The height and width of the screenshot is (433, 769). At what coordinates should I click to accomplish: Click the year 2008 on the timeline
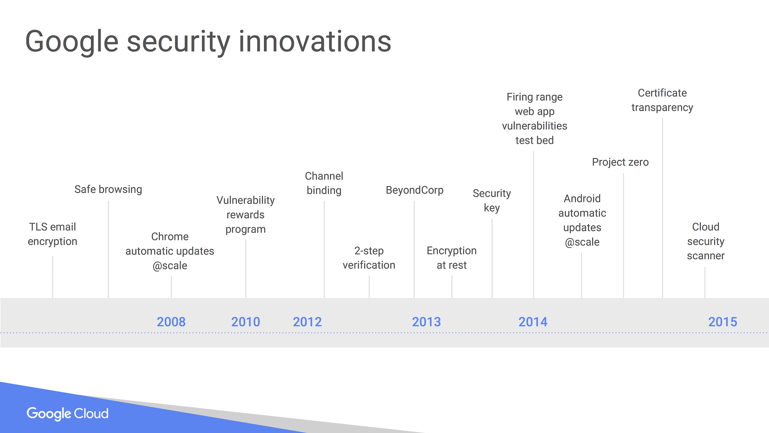click(x=171, y=322)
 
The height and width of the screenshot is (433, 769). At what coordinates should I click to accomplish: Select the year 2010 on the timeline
click(x=246, y=322)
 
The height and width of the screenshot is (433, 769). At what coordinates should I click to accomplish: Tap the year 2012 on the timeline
click(x=307, y=322)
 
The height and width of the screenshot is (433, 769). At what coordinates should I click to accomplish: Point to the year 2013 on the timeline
click(x=426, y=322)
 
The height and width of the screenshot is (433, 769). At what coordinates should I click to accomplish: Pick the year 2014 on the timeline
click(x=533, y=322)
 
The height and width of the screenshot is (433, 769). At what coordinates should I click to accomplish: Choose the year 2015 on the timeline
click(x=723, y=322)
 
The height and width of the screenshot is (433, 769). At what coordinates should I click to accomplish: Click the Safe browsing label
click(x=108, y=189)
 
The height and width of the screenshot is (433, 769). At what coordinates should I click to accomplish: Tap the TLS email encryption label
click(x=53, y=234)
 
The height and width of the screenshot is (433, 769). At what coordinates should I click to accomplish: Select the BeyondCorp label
click(x=414, y=190)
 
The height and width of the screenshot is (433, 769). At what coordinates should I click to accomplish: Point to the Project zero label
click(x=620, y=162)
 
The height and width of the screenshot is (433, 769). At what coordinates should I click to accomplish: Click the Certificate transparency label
click(x=662, y=100)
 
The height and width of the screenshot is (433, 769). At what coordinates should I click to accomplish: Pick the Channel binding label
click(x=324, y=183)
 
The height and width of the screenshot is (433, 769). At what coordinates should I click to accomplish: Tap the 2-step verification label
click(x=369, y=258)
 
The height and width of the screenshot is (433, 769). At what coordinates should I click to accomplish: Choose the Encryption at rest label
click(x=452, y=258)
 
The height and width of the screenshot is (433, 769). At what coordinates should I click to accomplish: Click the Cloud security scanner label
click(x=706, y=241)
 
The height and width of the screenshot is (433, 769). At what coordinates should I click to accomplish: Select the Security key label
click(x=492, y=201)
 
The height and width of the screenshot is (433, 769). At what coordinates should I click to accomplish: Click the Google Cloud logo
click(x=68, y=414)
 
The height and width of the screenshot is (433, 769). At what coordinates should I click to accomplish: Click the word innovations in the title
click(x=315, y=41)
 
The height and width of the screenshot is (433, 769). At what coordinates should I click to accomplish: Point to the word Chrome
click(x=170, y=236)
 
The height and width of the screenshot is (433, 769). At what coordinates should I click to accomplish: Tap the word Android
click(x=582, y=199)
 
